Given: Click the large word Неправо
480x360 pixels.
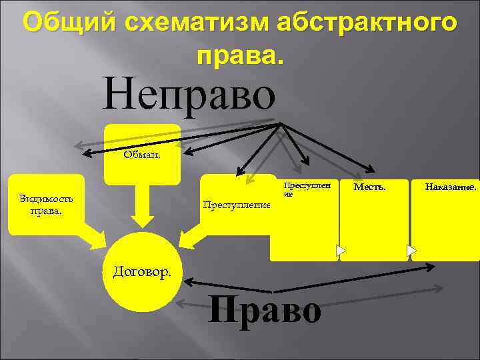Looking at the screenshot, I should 189,94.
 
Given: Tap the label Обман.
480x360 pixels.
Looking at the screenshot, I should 141,156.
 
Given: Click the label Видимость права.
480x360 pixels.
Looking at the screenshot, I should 46,205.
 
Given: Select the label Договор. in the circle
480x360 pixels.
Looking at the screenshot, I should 142,271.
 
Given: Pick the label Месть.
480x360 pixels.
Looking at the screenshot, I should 369,187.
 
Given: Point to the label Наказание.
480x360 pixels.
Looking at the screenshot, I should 451,187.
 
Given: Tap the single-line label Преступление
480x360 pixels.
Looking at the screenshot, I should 237,204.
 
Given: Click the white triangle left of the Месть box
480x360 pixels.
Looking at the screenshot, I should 341,251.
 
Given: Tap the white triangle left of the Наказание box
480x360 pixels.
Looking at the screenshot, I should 412,251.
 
